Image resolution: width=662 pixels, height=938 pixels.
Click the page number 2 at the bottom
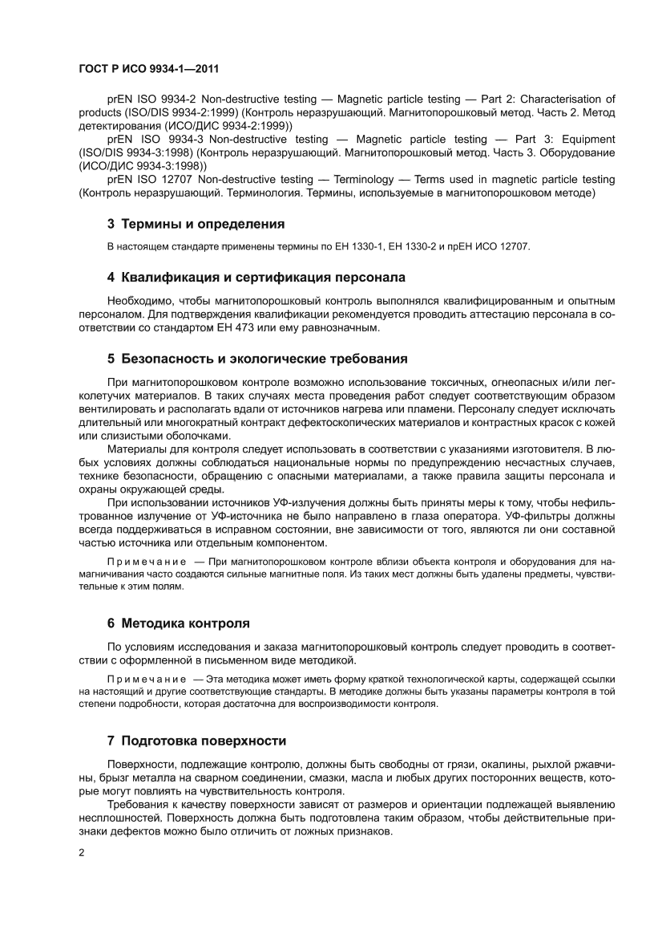point(82,853)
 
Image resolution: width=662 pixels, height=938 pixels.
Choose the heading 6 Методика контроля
point(178,623)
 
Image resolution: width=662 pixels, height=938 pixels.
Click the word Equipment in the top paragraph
point(588,139)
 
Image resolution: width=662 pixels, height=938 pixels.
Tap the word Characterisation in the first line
point(558,99)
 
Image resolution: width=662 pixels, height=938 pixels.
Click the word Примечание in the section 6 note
point(147,678)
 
